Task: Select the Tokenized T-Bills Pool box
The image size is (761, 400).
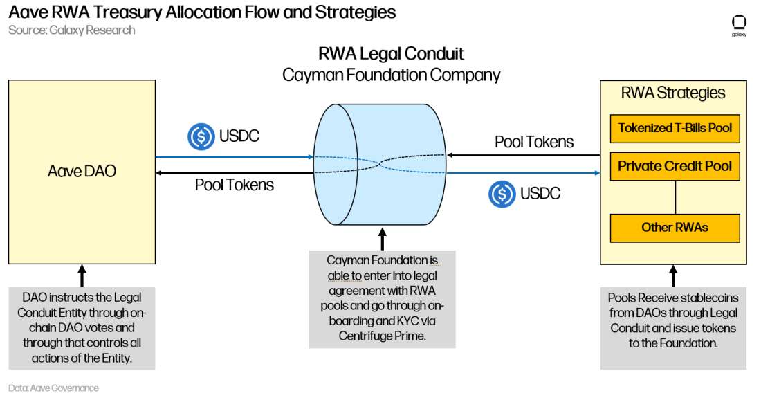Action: click(x=675, y=127)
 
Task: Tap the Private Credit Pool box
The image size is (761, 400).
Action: click(x=675, y=166)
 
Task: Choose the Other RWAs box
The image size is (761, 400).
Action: click(x=675, y=227)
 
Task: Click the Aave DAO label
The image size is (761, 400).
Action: click(x=82, y=171)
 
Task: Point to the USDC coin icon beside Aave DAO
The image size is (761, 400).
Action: click(x=201, y=136)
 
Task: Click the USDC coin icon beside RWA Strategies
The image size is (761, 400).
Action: click(x=502, y=194)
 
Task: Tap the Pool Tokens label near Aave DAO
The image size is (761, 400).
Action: click(x=234, y=185)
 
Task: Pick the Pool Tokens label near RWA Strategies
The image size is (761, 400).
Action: click(x=534, y=142)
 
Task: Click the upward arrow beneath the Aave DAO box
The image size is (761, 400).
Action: click(x=82, y=275)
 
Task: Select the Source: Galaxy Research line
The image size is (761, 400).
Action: click(x=71, y=30)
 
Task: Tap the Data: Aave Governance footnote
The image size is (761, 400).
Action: click(x=53, y=388)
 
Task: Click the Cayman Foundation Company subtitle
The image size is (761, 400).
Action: click(x=391, y=74)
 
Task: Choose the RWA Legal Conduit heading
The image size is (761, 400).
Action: click(x=391, y=53)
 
